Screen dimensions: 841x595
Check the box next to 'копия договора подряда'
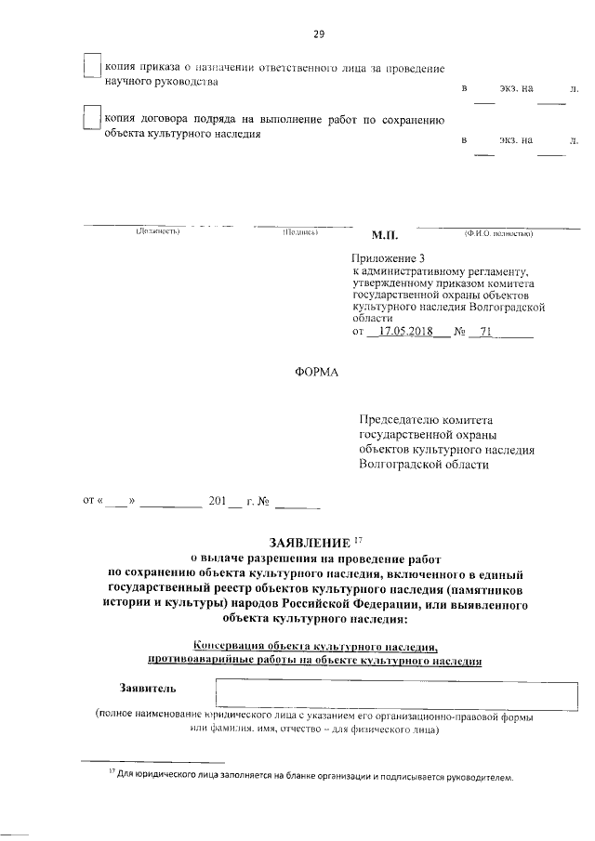[91, 120]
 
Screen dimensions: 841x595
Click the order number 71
[484, 331]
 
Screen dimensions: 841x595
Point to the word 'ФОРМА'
[316, 373]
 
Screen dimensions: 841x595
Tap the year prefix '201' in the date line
[218, 503]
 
